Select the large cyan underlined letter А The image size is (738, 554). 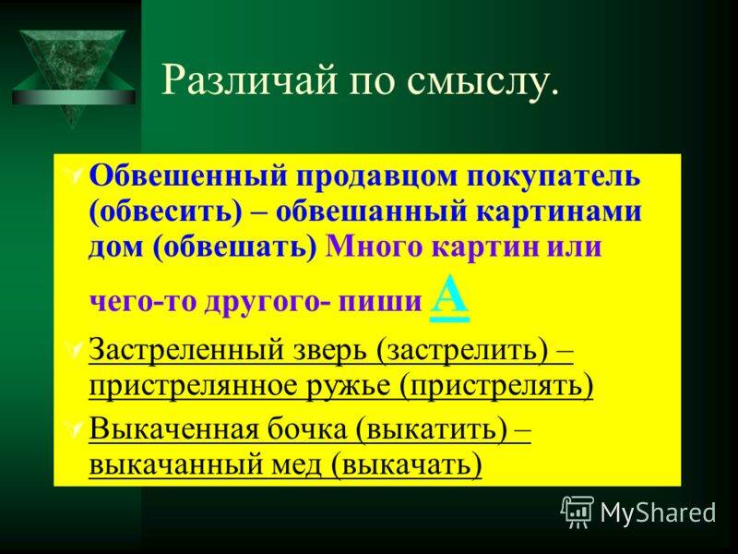click(x=449, y=297)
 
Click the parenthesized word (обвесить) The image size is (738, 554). click(x=165, y=212)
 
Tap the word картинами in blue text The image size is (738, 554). click(x=559, y=212)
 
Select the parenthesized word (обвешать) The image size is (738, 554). click(x=235, y=247)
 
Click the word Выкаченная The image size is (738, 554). click(x=173, y=429)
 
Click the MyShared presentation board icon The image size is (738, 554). click(x=577, y=512)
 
